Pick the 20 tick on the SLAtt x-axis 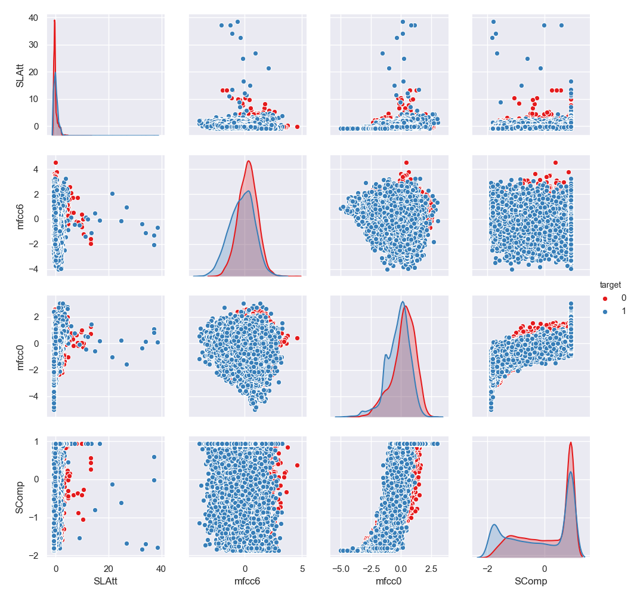[x=109, y=567]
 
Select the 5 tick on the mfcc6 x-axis [x=302, y=567]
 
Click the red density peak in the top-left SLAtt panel [x=55, y=20]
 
